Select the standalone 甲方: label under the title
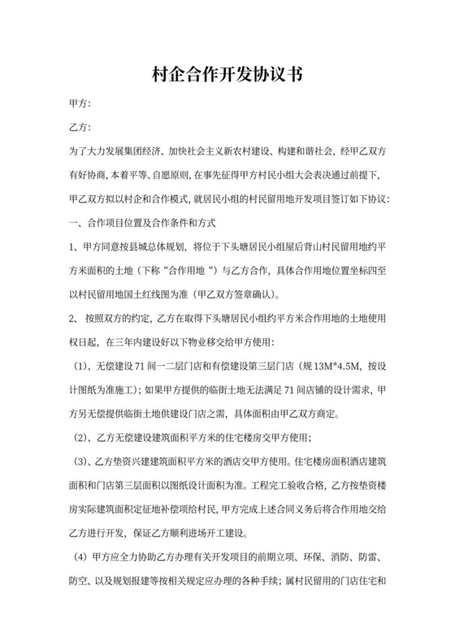80,104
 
